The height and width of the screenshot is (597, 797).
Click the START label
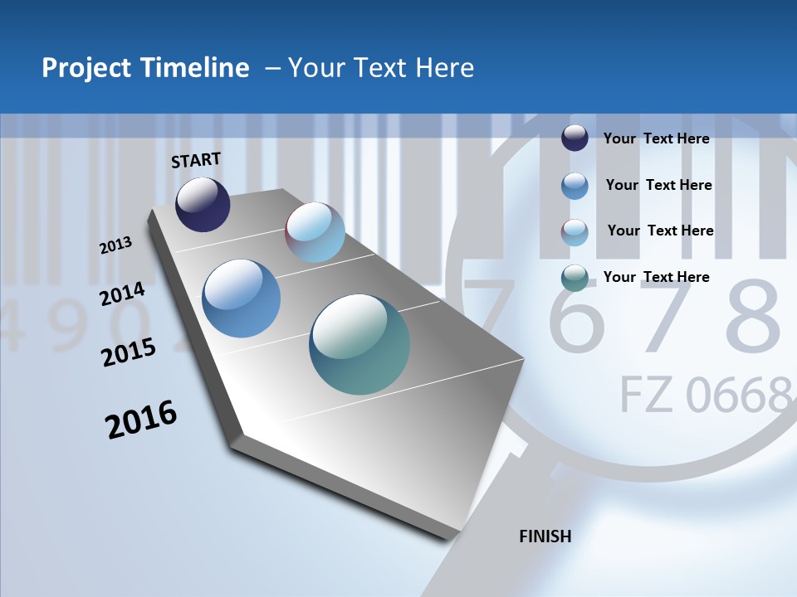[x=196, y=160]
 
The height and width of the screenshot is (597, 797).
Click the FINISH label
[x=545, y=536]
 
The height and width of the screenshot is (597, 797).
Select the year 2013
[x=116, y=245]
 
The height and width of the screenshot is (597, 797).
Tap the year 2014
[x=122, y=294]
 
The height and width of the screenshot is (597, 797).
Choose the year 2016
[x=141, y=420]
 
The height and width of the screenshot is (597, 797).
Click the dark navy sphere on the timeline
[x=203, y=204]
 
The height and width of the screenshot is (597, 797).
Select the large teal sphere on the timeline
[x=359, y=344]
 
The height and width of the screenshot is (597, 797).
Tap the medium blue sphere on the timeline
[x=242, y=298]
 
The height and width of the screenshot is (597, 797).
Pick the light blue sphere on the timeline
[x=315, y=232]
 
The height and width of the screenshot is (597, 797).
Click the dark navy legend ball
[x=575, y=138]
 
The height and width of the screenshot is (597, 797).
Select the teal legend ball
[x=575, y=278]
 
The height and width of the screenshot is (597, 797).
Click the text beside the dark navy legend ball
[x=656, y=138]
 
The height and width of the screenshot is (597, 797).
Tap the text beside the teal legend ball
[x=656, y=277]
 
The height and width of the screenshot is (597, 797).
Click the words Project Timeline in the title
[x=145, y=68]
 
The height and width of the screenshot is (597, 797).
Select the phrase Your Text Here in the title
[x=381, y=68]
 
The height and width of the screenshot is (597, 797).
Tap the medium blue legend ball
[x=575, y=186]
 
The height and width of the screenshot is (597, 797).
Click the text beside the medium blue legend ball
[x=658, y=185]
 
